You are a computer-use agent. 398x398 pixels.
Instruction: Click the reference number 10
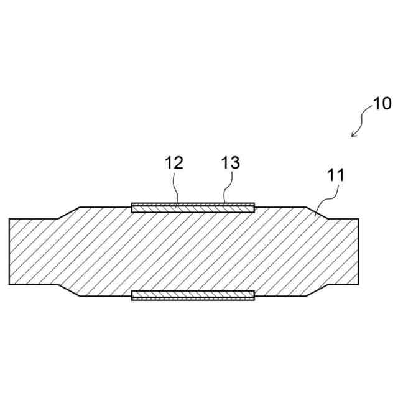pyautogui.click(x=382, y=103)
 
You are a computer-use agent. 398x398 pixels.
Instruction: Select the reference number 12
pyautogui.click(x=174, y=163)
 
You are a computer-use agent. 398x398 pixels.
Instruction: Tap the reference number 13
pyautogui.click(x=230, y=163)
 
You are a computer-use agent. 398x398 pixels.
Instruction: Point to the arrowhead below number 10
pyautogui.click(x=354, y=134)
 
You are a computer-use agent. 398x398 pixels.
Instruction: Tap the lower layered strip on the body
pyautogui.click(x=193, y=294)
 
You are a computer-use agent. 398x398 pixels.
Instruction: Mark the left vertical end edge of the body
pyautogui.click(x=10, y=251)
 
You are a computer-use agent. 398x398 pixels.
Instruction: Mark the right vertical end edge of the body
pyautogui.click(x=358, y=251)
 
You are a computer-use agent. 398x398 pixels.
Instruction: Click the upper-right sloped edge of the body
pyautogui.click(x=316, y=213)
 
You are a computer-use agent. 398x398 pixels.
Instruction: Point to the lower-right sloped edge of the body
pyautogui.click(x=316, y=290)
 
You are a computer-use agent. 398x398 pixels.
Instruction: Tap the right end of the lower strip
pyautogui.click(x=253, y=294)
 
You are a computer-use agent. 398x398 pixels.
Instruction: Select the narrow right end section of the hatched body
pyautogui.click(x=342, y=251)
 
